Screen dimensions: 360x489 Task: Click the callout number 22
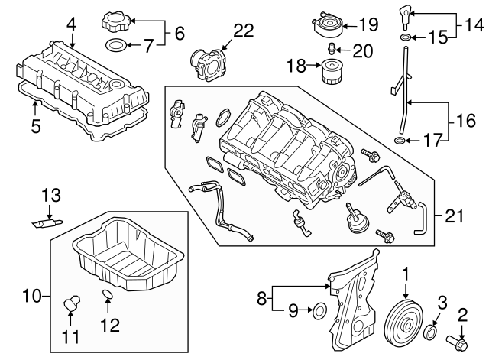[x=242, y=31]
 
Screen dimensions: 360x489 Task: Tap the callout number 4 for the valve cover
[x=71, y=24]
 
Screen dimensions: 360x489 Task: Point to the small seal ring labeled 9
[x=319, y=311]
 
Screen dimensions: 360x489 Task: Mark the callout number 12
[x=110, y=324]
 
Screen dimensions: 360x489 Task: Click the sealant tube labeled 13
[x=47, y=222]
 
